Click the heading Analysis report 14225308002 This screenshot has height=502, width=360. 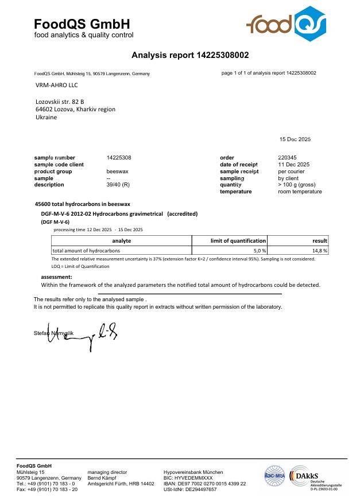click(x=190, y=56)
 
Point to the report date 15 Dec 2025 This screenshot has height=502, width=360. click(x=295, y=139)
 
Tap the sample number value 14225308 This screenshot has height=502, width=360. click(x=119, y=157)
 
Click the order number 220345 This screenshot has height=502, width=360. click(x=287, y=157)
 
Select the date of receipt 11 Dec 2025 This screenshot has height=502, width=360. click(x=293, y=164)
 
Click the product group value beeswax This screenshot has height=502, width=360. click(x=118, y=171)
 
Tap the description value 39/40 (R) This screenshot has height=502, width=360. click(x=118, y=185)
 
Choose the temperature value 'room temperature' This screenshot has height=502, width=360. click(x=300, y=192)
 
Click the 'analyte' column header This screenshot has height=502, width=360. click(x=121, y=241)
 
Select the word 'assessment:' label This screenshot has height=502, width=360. click(x=56, y=277)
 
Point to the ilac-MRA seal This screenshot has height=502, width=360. click(x=275, y=476)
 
